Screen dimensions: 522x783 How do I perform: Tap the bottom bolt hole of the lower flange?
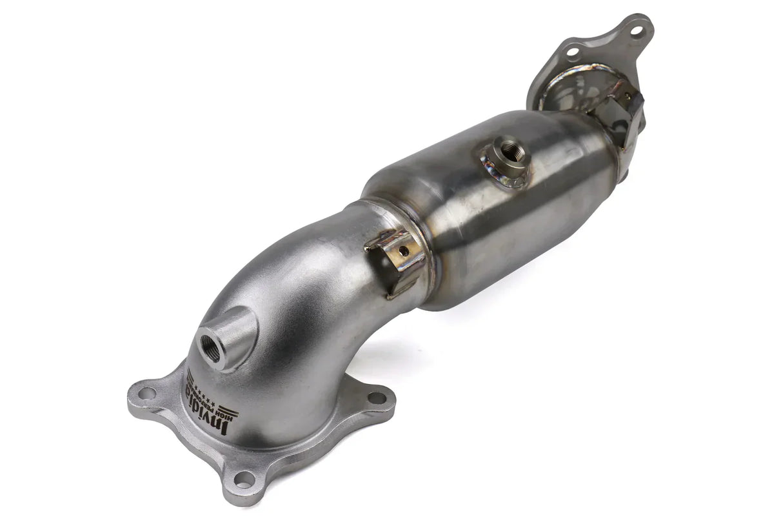[244, 478]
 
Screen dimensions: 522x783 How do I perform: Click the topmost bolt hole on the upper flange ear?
[636, 30]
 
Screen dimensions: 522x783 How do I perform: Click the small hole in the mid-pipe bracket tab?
[403, 252]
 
